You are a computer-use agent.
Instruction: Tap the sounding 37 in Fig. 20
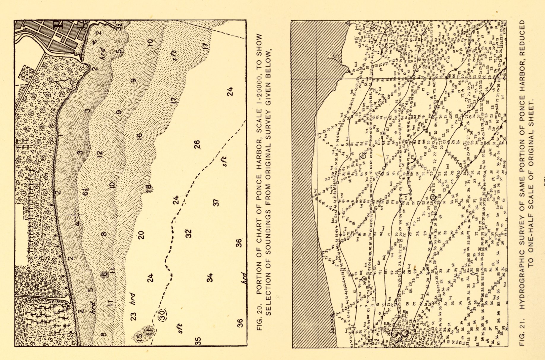click(216, 203)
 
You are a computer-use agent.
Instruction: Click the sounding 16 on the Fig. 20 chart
click(140, 136)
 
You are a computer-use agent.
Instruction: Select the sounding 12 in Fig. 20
click(100, 154)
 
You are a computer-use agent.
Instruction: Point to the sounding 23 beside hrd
click(134, 316)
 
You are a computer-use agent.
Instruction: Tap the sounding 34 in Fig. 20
click(210, 277)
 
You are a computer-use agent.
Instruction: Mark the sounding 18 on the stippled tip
click(149, 187)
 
